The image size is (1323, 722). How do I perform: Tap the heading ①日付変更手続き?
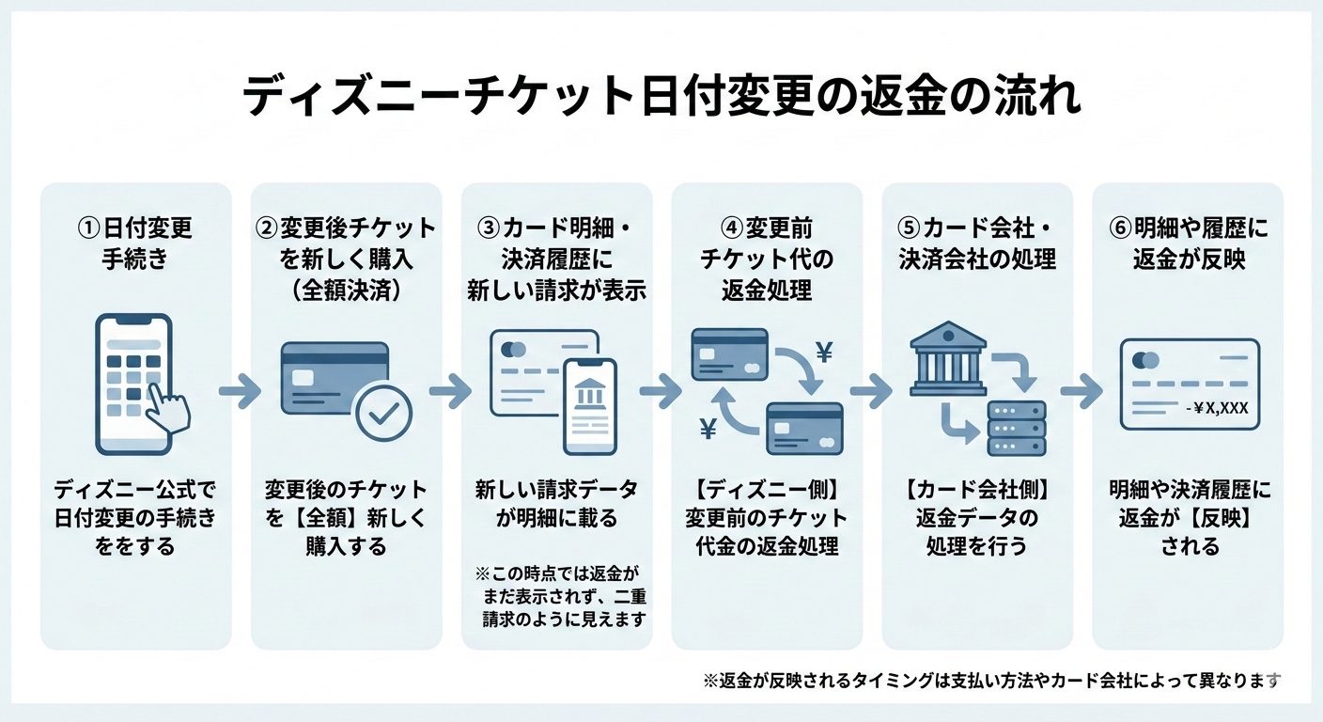[x=134, y=243]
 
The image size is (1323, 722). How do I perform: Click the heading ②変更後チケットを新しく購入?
[x=346, y=259]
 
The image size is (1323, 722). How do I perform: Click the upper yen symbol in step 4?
[x=825, y=353]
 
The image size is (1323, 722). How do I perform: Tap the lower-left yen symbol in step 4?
[x=708, y=430]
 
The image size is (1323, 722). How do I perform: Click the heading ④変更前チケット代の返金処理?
[x=767, y=259]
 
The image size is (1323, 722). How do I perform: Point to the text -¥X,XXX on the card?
[x=1216, y=407]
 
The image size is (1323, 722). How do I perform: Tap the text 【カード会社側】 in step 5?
[x=977, y=490]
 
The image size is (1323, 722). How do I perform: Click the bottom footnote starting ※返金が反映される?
[x=991, y=681]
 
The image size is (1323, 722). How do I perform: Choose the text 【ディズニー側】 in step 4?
[x=767, y=490]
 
